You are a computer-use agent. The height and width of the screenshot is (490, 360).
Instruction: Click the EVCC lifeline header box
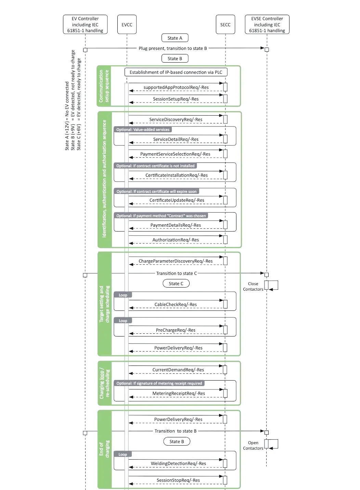click(127, 24)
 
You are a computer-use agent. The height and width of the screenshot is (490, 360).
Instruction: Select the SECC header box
click(225, 24)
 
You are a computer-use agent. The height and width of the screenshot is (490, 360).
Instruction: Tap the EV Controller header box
click(85, 24)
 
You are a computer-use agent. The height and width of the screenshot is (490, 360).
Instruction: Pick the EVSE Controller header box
click(267, 24)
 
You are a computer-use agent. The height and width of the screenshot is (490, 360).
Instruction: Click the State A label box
click(175, 38)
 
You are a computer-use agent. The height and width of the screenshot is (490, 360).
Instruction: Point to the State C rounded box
click(176, 283)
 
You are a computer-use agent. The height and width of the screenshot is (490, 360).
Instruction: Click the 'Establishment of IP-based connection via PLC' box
click(176, 72)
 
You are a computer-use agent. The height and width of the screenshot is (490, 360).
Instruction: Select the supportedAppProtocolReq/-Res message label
click(176, 87)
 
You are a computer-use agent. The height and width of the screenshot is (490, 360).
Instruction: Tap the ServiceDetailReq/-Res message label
click(176, 140)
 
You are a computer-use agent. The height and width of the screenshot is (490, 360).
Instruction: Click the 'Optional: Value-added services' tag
click(143, 130)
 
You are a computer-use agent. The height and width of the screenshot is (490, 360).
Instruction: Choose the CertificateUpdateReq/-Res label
click(177, 200)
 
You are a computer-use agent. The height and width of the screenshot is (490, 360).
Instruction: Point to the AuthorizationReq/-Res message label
click(176, 240)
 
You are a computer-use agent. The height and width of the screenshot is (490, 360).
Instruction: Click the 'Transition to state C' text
click(177, 273)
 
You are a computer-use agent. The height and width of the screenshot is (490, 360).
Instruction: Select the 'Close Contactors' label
click(253, 286)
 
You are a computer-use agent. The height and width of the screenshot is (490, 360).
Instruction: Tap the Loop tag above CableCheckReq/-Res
click(123, 295)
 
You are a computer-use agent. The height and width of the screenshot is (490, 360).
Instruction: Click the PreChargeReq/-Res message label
click(176, 330)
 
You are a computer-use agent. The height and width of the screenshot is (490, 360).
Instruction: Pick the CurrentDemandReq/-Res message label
click(178, 370)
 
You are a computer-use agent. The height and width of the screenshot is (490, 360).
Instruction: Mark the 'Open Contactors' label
click(253, 445)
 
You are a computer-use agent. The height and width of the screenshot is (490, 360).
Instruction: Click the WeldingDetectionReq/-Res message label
click(178, 464)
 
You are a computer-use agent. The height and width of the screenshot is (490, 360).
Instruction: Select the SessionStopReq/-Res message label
click(178, 480)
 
